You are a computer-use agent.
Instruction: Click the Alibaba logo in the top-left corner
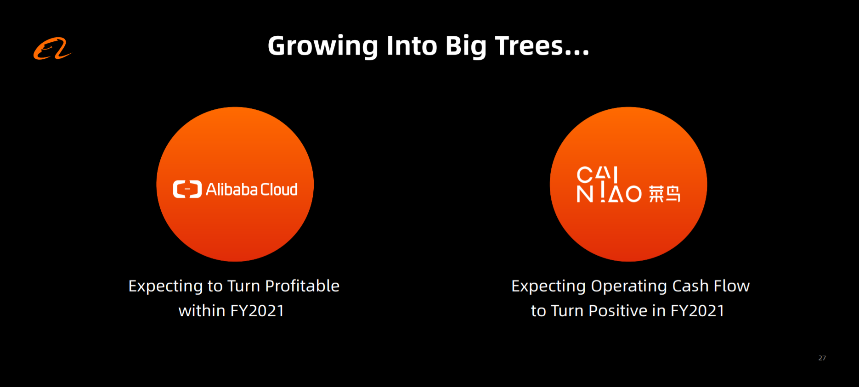52,49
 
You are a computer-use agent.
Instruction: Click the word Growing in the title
322,47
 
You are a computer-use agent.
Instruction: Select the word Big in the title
466,47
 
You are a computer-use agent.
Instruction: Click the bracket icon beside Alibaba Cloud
187,189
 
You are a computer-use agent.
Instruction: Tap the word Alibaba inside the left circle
232,189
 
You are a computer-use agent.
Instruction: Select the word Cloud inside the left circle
279,189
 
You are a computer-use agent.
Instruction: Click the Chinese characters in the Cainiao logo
664,194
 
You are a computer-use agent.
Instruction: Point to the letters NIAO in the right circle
609,194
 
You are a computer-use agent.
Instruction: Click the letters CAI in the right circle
597,174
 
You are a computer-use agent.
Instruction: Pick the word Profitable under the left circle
302,286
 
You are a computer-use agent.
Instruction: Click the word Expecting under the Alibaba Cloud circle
165,286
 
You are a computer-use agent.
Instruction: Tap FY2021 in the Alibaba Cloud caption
257,311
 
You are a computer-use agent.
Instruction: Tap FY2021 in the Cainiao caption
697,311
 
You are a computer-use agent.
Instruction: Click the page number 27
822,358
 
